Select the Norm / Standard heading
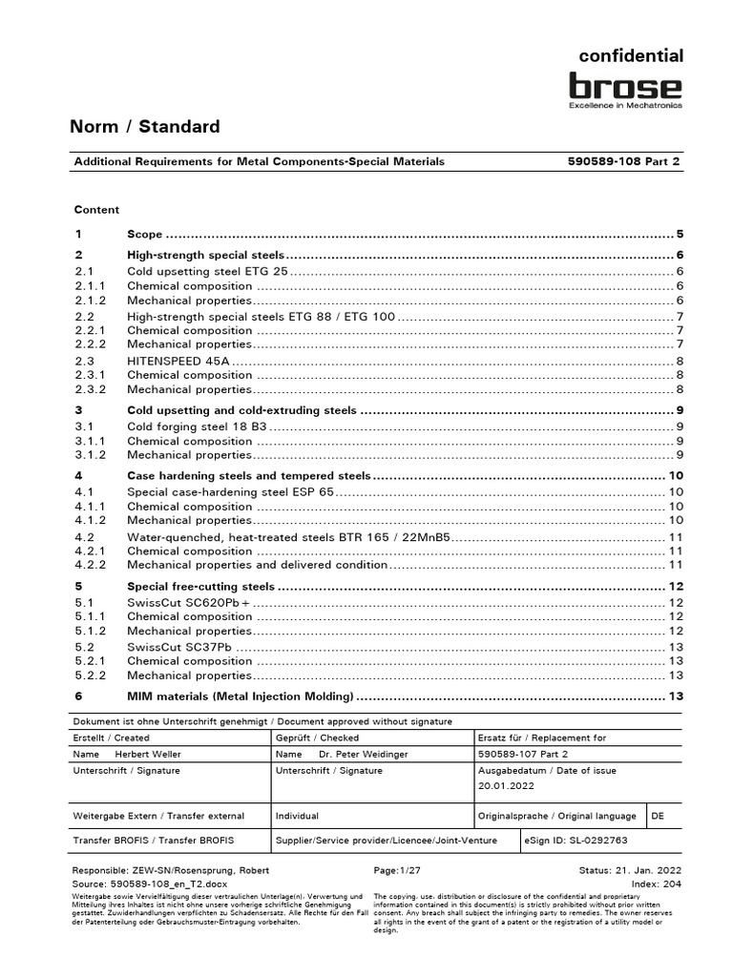(146, 127)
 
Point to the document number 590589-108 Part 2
(625, 162)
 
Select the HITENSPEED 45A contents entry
(178, 361)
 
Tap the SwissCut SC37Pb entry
(178, 647)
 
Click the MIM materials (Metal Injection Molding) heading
(240, 696)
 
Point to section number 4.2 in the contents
(83, 537)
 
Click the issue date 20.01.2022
(507, 786)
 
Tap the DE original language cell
(658, 817)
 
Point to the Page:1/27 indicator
(396, 871)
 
